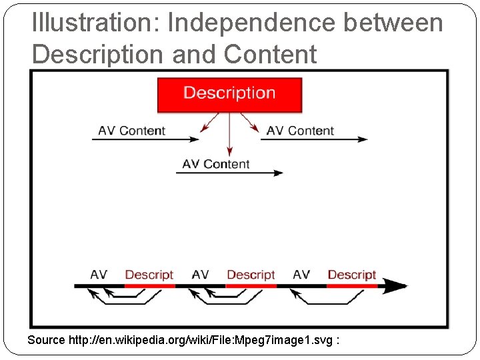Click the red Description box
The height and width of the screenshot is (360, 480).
(x=229, y=94)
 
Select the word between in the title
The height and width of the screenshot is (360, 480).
(x=393, y=23)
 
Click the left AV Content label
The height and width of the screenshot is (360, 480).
(x=131, y=131)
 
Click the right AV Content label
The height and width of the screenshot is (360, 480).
(x=300, y=131)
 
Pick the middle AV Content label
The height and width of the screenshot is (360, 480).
(x=215, y=164)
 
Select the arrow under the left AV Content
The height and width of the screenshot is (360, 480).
(x=145, y=139)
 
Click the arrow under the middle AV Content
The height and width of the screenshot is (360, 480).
(x=229, y=173)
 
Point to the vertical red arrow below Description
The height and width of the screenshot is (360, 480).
(x=229, y=133)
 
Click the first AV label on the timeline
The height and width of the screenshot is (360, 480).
(x=99, y=275)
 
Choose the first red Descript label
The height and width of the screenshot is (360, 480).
(x=149, y=275)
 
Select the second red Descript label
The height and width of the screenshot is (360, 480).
(x=251, y=275)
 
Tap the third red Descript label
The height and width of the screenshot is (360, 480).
(x=352, y=275)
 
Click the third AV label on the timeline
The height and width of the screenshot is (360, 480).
(x=301, y=275)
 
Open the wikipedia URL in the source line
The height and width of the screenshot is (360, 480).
(x=201, y=340)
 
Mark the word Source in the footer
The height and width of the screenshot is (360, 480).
(x=46, y=340)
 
